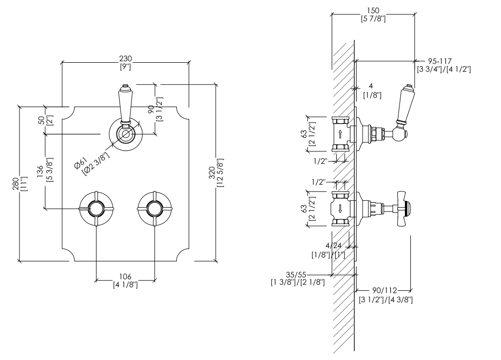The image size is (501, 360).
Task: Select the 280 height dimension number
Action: (x=15, y=184)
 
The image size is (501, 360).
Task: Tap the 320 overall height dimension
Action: (x=212, y=172)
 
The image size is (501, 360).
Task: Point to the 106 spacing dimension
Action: (x=125, y=277)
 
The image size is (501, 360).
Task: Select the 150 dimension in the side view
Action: (x=373, y=10)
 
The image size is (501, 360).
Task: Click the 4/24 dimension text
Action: (x=334, y=245)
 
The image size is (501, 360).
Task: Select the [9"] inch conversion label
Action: (x=125, y=66)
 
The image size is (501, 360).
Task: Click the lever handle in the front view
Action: (x=125, y=104)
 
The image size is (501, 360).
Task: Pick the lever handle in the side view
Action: (x=403, y=107)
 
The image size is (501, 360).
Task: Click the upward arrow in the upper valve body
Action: (x=340, y=133)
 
